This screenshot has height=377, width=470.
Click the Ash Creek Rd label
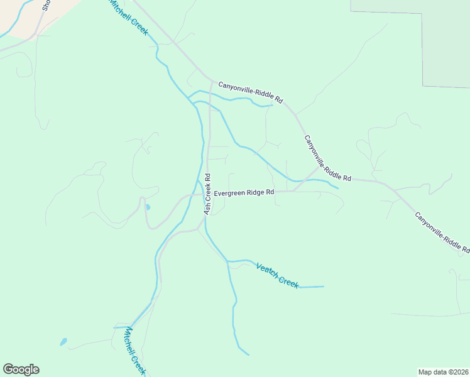tap(207, 194)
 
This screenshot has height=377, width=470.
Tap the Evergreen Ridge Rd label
tap(244, 193)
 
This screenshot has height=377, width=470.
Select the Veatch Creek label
tap(277, 275)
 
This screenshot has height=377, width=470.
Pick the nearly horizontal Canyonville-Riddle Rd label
tap(251, 92)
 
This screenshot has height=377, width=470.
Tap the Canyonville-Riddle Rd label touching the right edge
tap(442, 232)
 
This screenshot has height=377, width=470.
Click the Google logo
tap(21, 369)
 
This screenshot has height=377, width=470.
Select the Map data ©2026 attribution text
tap(443, 372)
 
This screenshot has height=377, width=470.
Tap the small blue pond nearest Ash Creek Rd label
tap(148, 207)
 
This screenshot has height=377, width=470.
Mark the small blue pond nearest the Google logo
tap(63, 342)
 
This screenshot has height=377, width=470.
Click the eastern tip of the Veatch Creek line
tap(323, 287)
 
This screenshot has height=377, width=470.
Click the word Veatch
tap(266, 270)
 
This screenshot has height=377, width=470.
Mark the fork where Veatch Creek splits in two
tap(227, 261)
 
